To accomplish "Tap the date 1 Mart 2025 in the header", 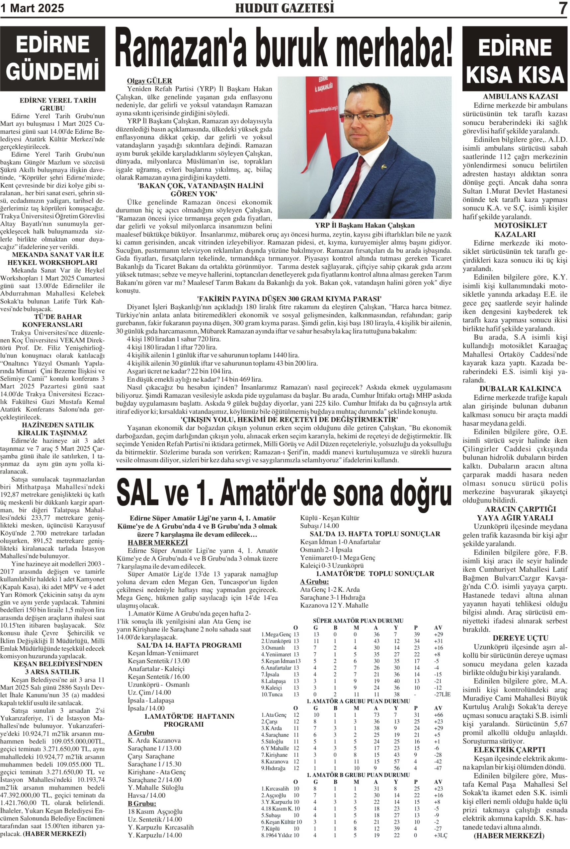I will [32, 8].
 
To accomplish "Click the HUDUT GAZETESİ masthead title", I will [284, 8].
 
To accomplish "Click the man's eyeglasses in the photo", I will [367, 118].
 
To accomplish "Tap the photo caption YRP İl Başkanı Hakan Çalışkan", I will [365, 225].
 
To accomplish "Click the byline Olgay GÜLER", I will [149, 81].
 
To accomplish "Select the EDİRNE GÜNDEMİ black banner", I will [52, 59].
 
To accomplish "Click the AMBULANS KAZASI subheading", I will [515, 97].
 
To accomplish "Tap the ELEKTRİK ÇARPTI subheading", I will [515, 750].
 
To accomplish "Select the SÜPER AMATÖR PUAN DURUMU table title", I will [358, 621].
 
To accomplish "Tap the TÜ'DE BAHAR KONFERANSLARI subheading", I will [52, 320].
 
